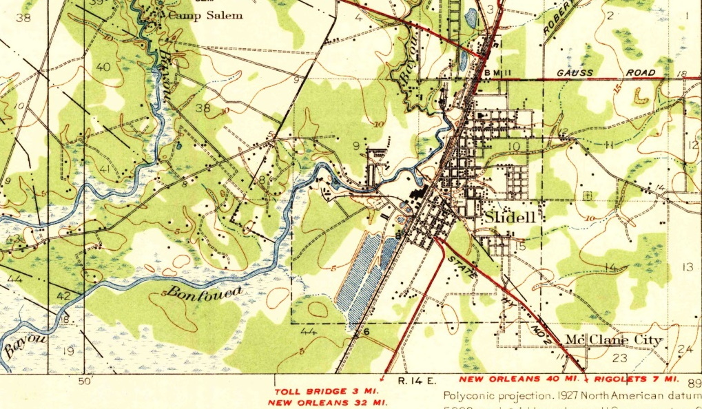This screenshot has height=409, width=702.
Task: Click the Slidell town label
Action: click(x=510, y=218)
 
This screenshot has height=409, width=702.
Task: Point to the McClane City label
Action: click(x=614, y=340)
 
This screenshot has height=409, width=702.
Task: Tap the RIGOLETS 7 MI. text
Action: click(x=636, y=379)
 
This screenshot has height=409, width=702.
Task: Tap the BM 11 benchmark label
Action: click(x=497, y=73)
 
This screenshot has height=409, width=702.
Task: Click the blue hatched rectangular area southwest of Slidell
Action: click(x=369, y=272)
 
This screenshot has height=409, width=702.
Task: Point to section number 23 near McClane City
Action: click(x=619, y=358)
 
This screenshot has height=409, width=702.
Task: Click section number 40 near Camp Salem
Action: click(x=104, y=67)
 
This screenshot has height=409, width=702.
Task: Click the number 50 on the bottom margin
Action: click(x=85, y=381)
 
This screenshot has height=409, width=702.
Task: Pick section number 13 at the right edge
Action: click(x=687, y=266)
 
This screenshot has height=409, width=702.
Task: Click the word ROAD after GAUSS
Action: click(x=641, y=73)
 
